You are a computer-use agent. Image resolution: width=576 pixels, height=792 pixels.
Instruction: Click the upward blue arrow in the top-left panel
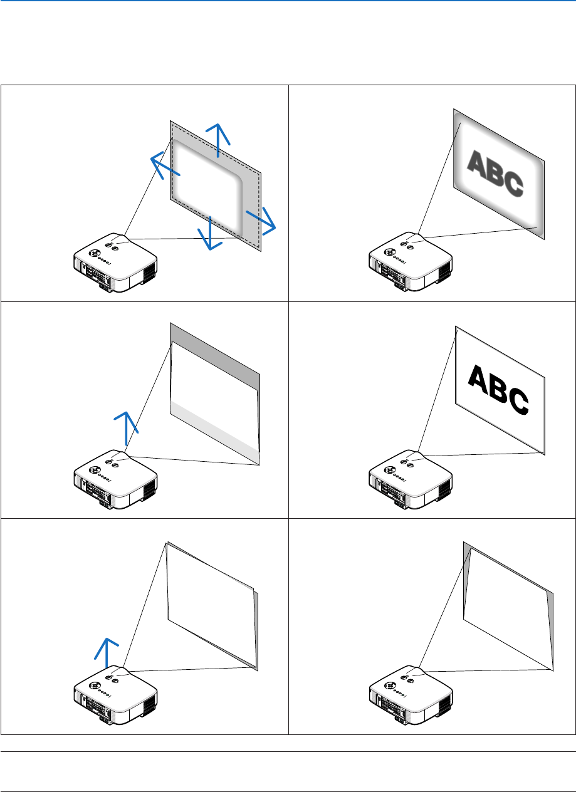(x=217, y=140)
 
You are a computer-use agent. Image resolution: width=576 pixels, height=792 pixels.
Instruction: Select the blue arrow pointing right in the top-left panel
(x=261, y=220)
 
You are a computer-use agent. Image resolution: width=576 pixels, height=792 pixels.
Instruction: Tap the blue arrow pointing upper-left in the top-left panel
(x=165, y=167)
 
